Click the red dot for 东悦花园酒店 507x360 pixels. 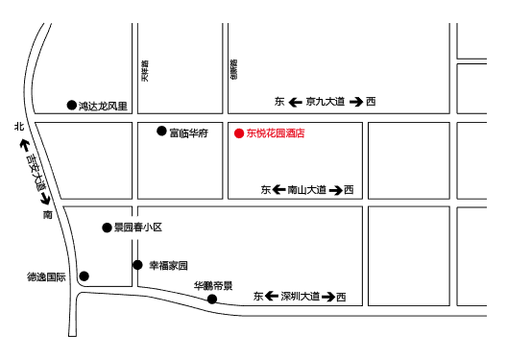coord(239,133)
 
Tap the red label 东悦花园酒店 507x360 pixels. coord(276,133)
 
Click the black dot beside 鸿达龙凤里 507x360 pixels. coord(70,106)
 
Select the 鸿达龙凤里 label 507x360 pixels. coord(103,106)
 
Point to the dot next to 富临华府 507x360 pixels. coord(161,131)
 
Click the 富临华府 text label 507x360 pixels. coord(188,132)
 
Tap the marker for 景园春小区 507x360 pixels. coord(107,228)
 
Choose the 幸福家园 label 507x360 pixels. coord(168,265)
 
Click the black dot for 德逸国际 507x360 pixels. coord(84,276)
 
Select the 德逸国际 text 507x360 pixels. coord(46,277)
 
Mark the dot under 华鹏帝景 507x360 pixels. coord(212,299)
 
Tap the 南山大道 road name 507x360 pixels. coord(307,190)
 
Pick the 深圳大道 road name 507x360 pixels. coord(302,297)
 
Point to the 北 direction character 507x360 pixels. coord(18,126)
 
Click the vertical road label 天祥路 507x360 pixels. coord(145,72)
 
